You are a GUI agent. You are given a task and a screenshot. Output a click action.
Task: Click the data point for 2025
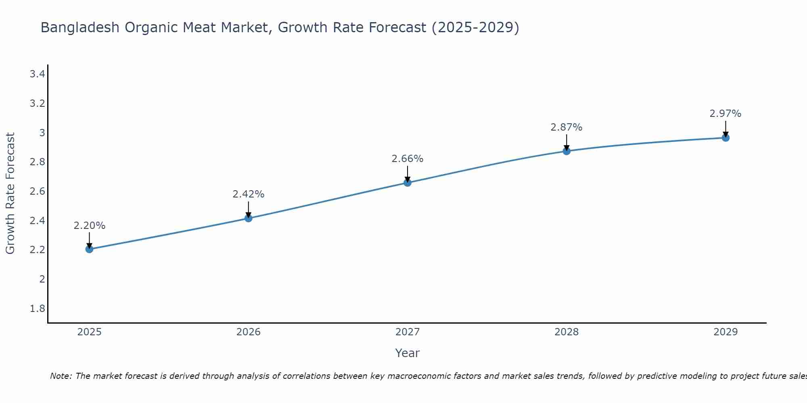[x=89, y=249]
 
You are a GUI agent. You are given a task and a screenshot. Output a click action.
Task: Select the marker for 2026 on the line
[x=249, y=218]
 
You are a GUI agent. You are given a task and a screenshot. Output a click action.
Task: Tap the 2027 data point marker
[x=408, y=183]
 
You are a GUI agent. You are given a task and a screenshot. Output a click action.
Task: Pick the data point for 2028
[x=567, y=151]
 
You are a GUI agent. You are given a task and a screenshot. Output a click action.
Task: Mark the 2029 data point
[x=725, y=138]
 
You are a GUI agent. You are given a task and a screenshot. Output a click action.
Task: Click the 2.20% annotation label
[x=89, y=226]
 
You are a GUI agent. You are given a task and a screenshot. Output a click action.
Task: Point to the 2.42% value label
[x=249, y=194]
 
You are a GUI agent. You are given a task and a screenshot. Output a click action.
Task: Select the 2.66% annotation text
[x=408, y=159]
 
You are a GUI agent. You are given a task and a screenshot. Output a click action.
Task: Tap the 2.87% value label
[x=567, y=127]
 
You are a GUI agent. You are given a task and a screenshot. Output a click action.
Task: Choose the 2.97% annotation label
[x=725, y=114]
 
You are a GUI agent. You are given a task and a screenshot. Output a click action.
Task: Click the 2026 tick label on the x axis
[x=249, y=332]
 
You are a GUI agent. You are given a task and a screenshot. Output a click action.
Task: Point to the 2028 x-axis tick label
[x=567, y=332]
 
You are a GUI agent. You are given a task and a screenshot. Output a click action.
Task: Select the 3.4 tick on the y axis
[x=37, y=74]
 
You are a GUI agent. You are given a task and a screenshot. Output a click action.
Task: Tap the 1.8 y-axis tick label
[x=37, y=309]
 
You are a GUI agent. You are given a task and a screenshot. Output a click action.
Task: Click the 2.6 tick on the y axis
[x=37, y=191]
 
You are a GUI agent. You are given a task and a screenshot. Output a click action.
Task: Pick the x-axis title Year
[x=408, y=353]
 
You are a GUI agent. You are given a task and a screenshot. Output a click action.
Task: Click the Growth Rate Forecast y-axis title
[x=10, y=193]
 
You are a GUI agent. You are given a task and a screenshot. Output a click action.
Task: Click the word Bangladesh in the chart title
[x=80, y=27]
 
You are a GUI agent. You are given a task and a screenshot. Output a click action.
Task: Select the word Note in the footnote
[x=61, y=376]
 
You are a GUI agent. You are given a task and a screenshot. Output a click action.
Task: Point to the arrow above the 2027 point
[x=408, y=174]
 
